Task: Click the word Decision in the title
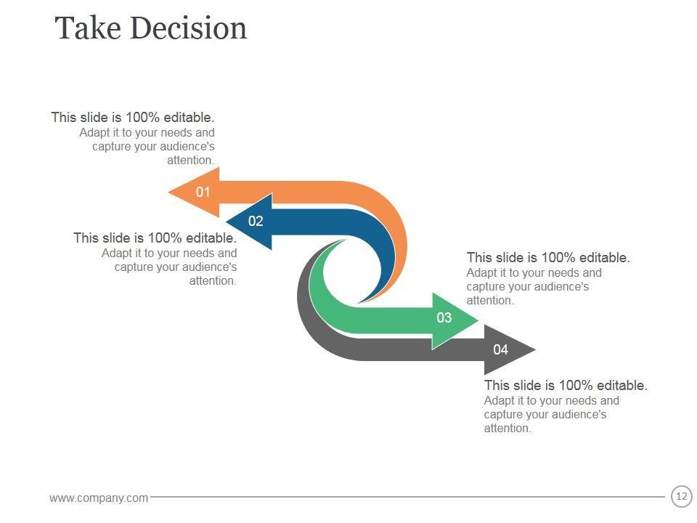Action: [x=189, y=28]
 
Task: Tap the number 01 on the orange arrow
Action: [x=203, y=192]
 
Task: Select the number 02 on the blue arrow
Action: [x=256, y=222]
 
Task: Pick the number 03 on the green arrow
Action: [x=444, y=317]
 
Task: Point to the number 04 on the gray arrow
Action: [x=501, y=349]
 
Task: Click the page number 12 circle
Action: [x=681, y=497]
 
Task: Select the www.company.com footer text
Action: [x=99, y=498]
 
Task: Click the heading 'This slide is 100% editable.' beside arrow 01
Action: [x=133, y=117]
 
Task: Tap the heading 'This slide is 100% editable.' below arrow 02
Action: [x=155, y=238]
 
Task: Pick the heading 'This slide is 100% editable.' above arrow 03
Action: [x=548, y=257]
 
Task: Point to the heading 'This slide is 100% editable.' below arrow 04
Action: [x=566, y=385]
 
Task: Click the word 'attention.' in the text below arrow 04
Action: [x=508, y=429]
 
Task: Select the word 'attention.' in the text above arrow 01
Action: [x=191, y=160]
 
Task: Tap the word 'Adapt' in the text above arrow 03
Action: [x=481, y=273]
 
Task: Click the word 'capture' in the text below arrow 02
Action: [x=134, y=267]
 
